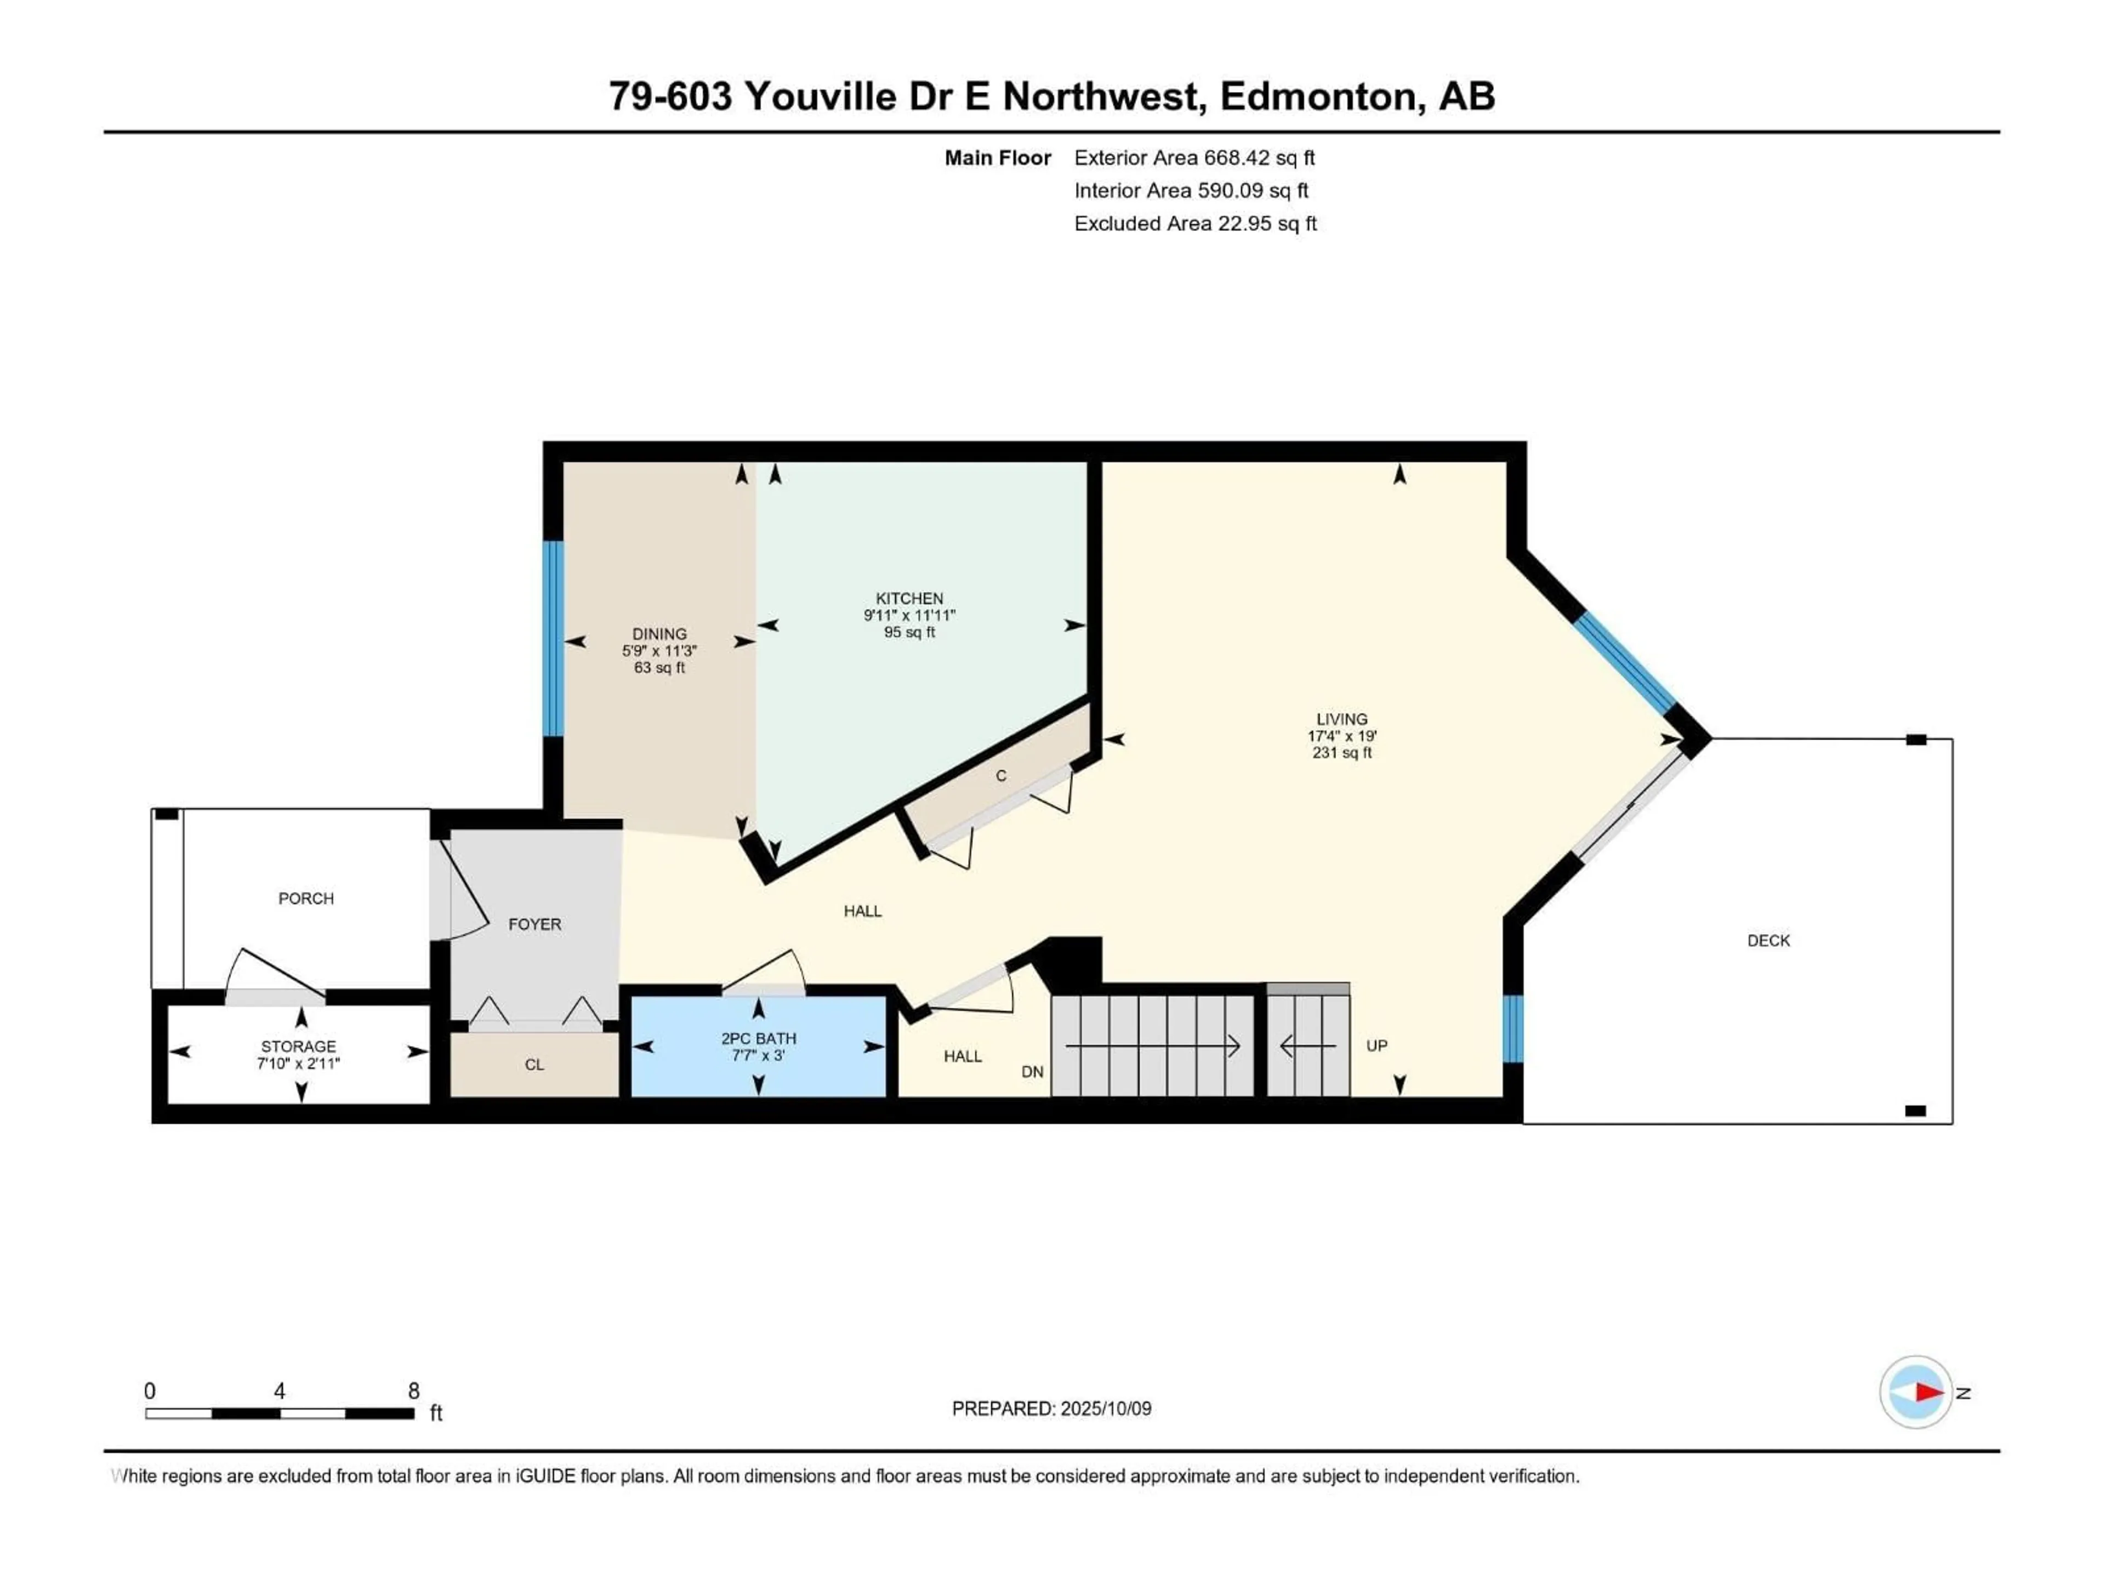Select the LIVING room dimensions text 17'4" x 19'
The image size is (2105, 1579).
coord(1342,736)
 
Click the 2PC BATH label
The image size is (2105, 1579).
coord(759,1038)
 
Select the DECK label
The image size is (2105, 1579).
coord(1768,940)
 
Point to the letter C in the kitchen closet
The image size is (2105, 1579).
coord(1000,776)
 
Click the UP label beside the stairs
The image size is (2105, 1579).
coord(1376,1045)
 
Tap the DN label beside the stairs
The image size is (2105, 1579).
coord(1032,1072)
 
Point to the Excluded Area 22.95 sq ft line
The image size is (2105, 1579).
coord(1194,224)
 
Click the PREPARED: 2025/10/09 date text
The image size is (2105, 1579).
coord(1051,1408)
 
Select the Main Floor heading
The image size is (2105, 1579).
coord(997,158)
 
